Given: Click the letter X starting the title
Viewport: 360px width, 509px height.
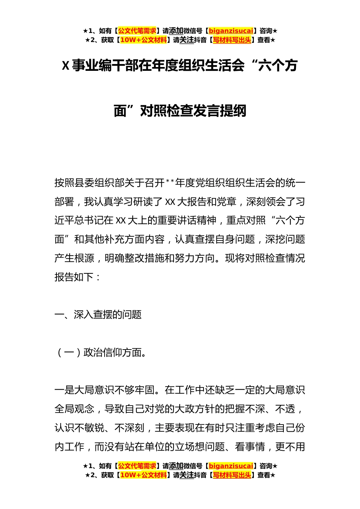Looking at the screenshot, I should click(x=66, y=66).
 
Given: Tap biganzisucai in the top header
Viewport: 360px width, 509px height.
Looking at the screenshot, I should click(x=231, y=31).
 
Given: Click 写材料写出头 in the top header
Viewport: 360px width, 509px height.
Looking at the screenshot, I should click(x=232, y=40).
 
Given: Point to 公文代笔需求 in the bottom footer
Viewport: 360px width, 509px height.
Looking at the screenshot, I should click(x=137, y=466).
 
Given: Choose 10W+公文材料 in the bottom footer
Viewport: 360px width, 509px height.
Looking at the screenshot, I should click(x=143, y=475).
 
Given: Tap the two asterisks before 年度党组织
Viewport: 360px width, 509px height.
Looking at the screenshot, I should click(x=170, y=183).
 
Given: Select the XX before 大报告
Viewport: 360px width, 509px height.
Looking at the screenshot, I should click(x=170, y=202).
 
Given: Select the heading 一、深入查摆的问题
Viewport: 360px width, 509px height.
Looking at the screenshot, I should click(x=98, y=315).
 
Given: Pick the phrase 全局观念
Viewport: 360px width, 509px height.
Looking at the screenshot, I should click(x=74, y=409).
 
